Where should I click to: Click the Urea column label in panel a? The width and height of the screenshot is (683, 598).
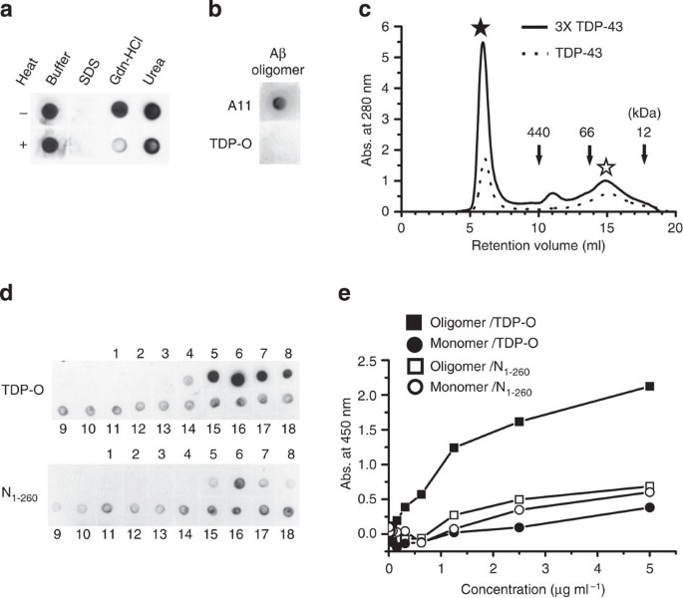click(150, 51)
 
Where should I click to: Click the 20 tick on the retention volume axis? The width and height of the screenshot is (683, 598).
click(675, 226)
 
